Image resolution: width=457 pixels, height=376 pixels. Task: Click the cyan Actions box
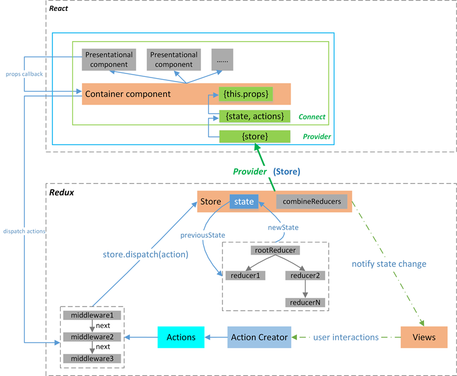click(181, 337)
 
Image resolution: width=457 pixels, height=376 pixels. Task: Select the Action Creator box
click(259, 337)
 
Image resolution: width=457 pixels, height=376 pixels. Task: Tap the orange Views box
click(424, 337)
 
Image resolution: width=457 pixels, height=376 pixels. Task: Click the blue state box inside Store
click(244, 201)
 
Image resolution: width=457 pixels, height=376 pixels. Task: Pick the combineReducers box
click(311, 201)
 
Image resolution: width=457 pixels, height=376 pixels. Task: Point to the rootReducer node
click(275, 250)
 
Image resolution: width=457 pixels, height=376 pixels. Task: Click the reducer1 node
click(245, 275)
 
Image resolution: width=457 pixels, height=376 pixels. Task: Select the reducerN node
click(305, 303)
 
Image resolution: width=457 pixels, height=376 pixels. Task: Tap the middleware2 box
click(92, 337)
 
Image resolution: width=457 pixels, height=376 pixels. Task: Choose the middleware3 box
click(92, 359)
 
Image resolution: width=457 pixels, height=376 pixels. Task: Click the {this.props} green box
click(246, 94)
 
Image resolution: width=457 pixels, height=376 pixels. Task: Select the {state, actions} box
click(255, 116)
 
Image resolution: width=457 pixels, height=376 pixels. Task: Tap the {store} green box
click(255, 137)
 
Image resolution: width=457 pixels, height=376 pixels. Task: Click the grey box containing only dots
click(222, 60)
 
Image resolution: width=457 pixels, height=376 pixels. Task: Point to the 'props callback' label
click(24, 74)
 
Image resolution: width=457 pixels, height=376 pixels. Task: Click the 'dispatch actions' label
click(24, 231)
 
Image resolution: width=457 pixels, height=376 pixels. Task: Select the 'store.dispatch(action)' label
click(146, 255)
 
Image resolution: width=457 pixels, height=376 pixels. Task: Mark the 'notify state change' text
click(389, 264)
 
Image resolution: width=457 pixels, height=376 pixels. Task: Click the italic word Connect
click(312, 117)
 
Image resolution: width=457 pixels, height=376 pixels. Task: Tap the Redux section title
click(61, 193)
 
